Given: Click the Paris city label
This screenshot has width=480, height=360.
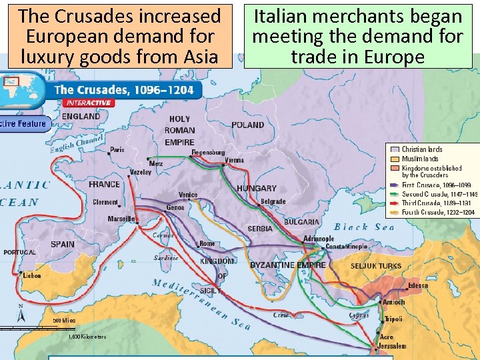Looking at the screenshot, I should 117,150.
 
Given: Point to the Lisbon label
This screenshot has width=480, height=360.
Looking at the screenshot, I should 31,275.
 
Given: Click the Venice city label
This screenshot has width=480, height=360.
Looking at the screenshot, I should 188,195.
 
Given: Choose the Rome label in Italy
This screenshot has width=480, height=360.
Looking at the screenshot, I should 207,243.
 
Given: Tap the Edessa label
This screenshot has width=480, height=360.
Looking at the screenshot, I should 418,285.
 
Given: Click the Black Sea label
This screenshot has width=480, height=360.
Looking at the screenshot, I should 364,227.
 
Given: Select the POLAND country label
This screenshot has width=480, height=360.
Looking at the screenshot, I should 247,125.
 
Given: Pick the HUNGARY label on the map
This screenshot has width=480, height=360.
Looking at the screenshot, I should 256,189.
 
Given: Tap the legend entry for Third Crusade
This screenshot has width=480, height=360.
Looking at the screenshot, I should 436,203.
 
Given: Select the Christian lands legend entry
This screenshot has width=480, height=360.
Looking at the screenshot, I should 422,149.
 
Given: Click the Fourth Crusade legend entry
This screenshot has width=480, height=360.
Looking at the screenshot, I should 437,212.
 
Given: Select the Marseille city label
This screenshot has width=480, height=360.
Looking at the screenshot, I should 122,219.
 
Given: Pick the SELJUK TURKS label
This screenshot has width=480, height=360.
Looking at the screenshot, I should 376,266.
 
